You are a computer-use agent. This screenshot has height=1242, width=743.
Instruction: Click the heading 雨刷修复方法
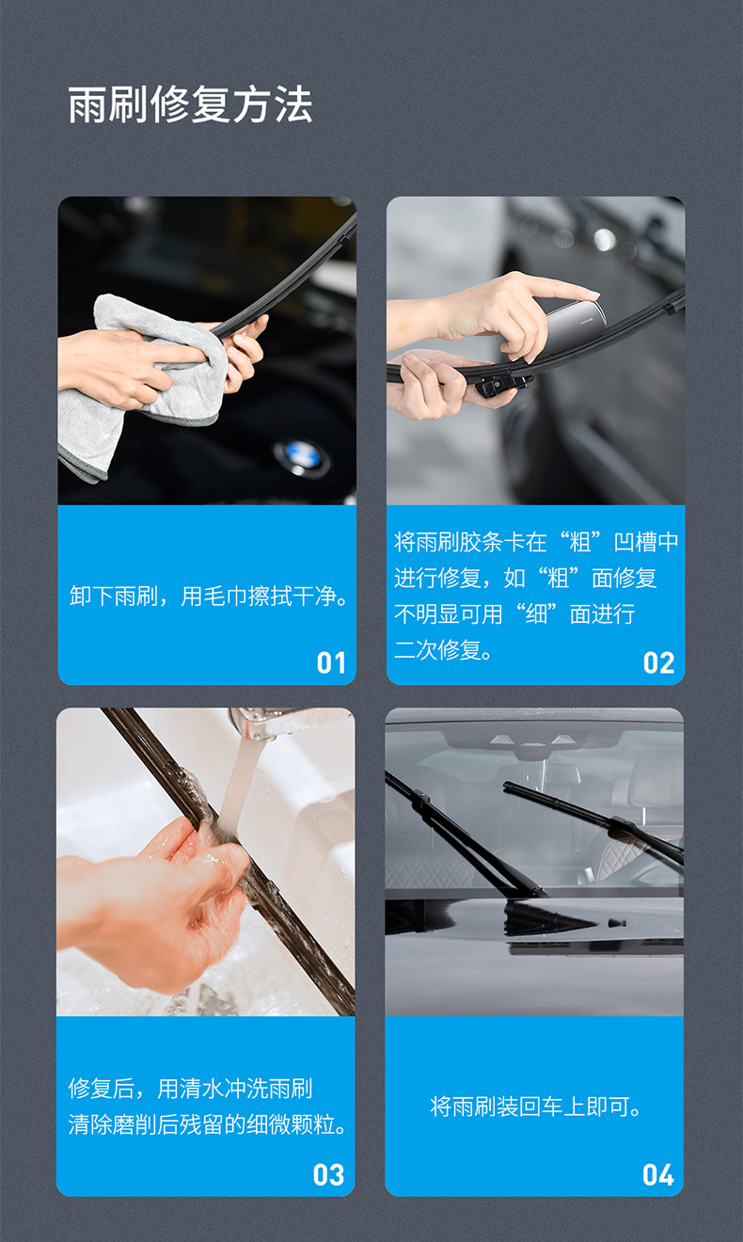(x=190, y=105)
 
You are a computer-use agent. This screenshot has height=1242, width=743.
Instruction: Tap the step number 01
(x=331, y=662)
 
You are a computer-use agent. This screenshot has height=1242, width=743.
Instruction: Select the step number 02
(x=659, y=662)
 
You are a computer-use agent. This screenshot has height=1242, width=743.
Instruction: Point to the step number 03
(x=329, y=1174)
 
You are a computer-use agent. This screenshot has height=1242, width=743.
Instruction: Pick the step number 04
(x=658, y=1174)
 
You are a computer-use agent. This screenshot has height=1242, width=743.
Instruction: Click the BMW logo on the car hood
(x=302, y=457)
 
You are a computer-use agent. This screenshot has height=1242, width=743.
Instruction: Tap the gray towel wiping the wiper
(x=141, y=376)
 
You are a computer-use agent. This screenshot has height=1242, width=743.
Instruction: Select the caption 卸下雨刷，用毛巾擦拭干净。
(x=209, y=597)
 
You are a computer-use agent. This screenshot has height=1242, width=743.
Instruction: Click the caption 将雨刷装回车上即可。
(x=536, y=1107)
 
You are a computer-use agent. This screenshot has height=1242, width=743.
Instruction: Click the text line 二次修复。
(x=444, y=650)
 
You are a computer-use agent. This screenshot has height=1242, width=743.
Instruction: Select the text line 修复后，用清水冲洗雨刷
(x=190, y=1089)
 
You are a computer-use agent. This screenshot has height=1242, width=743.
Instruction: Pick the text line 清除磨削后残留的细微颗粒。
(x=208, y=1124)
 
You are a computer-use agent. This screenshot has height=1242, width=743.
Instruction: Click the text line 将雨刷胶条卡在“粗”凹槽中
(x=536, y=542)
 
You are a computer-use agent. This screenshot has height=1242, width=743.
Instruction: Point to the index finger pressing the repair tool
(x=555, y=286)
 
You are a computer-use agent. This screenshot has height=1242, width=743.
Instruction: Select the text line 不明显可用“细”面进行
(x=514, y=614)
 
